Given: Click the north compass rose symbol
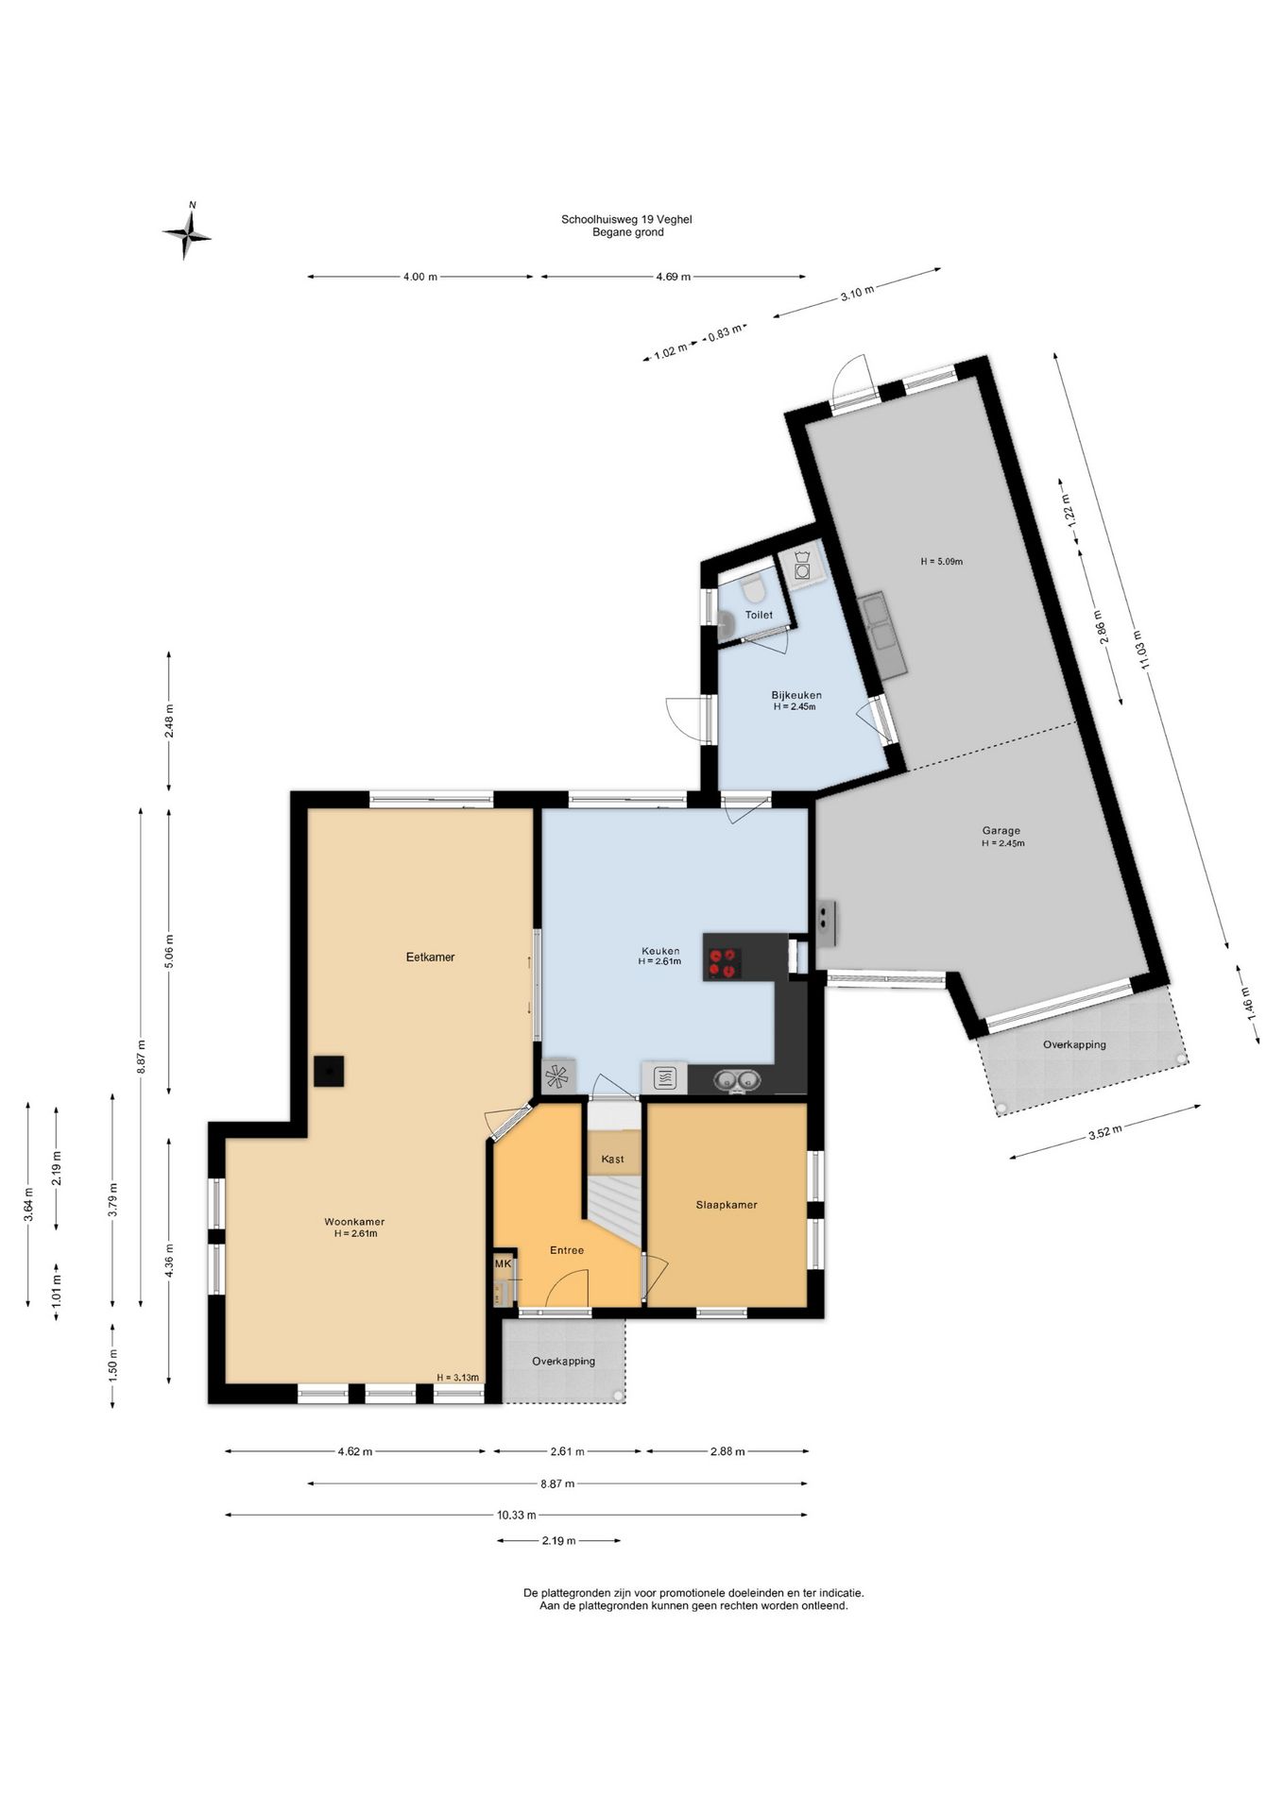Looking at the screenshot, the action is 187,232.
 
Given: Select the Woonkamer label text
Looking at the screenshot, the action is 354,1221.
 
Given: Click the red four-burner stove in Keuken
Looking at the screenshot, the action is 723,962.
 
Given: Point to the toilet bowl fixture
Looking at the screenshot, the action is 753,590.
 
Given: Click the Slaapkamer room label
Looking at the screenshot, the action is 727,1204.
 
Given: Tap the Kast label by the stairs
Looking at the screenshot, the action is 612,1159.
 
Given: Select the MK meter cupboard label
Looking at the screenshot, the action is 503,1263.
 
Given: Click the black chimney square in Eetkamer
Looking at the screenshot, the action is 329,1072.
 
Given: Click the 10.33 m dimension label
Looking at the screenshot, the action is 517,1515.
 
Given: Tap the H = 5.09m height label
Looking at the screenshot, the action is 941,561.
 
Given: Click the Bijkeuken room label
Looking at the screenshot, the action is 796,695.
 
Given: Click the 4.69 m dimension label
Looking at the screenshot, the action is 673,277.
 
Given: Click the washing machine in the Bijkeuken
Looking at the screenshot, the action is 801,569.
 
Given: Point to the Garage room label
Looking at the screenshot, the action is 1001,831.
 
